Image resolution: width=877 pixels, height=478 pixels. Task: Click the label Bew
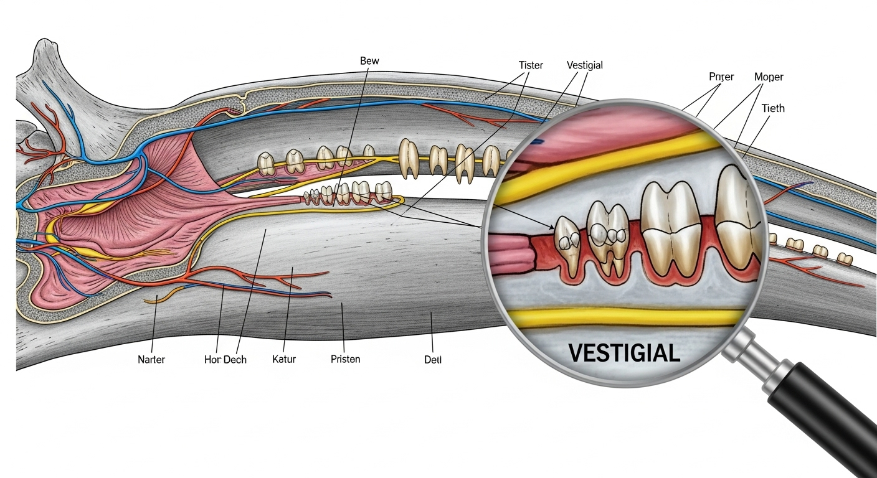pos(369,61)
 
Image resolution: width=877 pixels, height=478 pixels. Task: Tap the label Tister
pos(531,65)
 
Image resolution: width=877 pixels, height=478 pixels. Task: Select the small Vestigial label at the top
pos(584,65)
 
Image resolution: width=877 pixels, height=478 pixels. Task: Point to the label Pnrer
pos(721,77)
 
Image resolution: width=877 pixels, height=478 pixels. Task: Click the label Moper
pos(769,77)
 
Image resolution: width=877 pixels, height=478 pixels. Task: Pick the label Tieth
pos(773,108)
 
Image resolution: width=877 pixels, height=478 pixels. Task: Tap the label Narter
pos(151,360)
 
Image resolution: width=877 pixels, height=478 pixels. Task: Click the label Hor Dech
pos(225,360)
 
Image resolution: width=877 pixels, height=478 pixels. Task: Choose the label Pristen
pos(346,360)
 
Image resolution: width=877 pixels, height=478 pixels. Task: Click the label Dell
pos(432,360)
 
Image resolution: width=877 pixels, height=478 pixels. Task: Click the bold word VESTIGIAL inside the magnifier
pos(623,354)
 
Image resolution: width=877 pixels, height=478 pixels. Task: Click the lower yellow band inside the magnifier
pos(623,319)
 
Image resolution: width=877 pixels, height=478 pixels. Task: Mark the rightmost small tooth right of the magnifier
pos(845,258)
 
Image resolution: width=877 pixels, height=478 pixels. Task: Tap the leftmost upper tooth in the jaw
pos(267,163)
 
